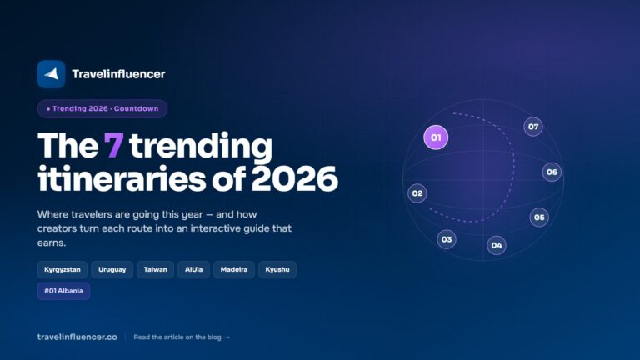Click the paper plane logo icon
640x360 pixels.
tap(51, 74)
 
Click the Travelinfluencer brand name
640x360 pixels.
tap(119, 74)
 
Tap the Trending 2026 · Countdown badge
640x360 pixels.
tap(102, 108)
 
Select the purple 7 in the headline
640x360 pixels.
tap(113, 145)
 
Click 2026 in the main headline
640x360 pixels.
tap(295, 178)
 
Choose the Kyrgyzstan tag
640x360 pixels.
tap(62, 269)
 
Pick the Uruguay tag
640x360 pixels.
tap(112, 269)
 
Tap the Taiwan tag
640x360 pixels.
tap(156, 269)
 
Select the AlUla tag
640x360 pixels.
tap(194, 269)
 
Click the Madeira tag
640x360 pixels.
tap(234, 269)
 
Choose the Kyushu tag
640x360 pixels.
tap(277, 269)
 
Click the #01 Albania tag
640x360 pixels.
tap(63, 291)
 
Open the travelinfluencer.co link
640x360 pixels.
tap(77, 337)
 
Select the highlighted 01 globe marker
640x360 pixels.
tap(436, 137)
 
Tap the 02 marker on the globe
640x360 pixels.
tap(417, 193)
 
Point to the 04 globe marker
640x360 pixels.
tap(497, 245)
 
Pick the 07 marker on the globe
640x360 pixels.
tap(533, 127)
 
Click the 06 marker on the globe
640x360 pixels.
tap(552, 172)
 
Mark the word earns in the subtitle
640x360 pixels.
tap(52, 242)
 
